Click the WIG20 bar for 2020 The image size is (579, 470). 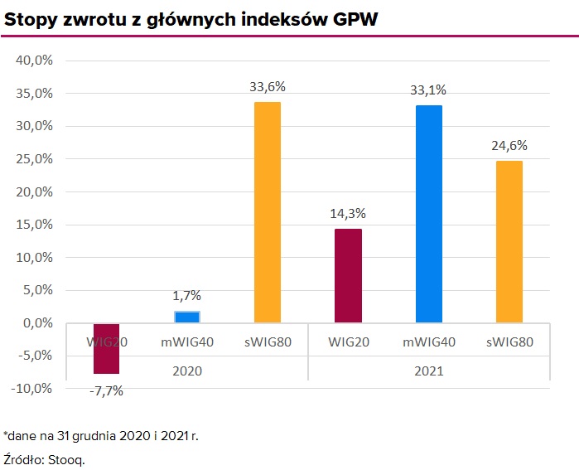click(106, 349)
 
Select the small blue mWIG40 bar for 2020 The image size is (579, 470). click(186, 317)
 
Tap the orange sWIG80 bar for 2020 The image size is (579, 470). click(267, 212)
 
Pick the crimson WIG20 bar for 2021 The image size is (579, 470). click(348, 276)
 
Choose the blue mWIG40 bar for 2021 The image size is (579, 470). click(428, 214)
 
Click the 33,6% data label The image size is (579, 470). click(267, 85)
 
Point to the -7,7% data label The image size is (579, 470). click(105, 390)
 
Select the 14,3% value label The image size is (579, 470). click(348, 213)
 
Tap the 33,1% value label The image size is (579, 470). click(428, 89)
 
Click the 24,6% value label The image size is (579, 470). click(509, 145)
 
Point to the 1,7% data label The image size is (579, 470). click(186, 295)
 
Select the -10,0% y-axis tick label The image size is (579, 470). click(32, 388)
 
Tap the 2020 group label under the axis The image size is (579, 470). click(186, 371)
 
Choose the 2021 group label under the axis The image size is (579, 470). click(428, 371)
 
